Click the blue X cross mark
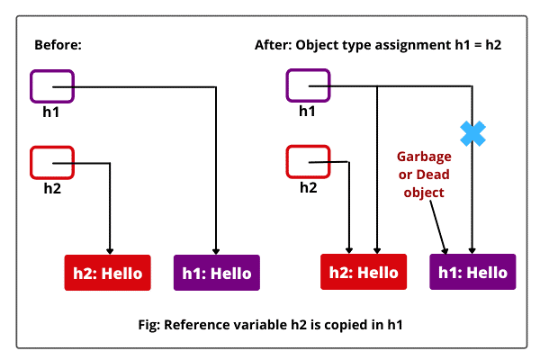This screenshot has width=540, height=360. (x=472, y=134)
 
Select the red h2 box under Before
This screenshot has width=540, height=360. (x=52, y=163)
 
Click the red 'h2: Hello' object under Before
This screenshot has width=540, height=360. (x=107, y=272)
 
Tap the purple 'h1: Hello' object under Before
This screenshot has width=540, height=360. (x=216, y=272)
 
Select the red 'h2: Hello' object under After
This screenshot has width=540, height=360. (x=364, y=272)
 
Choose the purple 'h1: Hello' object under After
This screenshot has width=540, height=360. (x=472, y=272)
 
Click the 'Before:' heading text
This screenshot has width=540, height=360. (x=58, y=45)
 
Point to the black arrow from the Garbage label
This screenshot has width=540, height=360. (x=437, y=225)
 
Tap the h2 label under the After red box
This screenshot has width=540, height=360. (x=308, y=187)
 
